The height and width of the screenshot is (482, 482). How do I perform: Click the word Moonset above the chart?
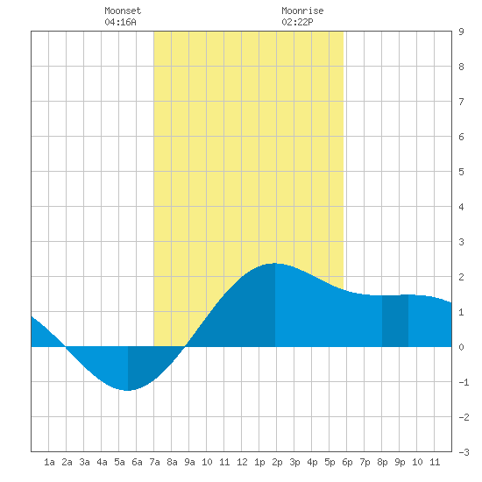pos(123,11)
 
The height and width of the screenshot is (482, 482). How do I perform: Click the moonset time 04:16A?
pos(120,22)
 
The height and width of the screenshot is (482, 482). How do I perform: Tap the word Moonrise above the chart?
pos(302,11)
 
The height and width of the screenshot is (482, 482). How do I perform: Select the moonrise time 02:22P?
pos(297,22)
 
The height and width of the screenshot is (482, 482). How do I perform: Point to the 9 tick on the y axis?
pos(461,32)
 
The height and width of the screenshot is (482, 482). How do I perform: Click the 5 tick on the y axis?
pos(461,172)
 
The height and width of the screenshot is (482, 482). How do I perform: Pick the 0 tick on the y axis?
pos(461,347)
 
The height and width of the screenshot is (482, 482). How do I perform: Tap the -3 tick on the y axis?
pos(464,452)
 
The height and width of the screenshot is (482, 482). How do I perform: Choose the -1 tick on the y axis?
pos(464,382)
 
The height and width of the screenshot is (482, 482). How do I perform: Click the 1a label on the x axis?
pos(49,462)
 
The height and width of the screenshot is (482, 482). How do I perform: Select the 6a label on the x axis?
pos(137,462)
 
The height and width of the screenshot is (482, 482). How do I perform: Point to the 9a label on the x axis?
pos(189,462)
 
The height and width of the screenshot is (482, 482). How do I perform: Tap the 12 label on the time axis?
pos(242,462)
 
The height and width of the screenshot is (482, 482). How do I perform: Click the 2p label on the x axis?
pos(277,462)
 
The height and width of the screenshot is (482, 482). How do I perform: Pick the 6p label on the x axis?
pos(347,462)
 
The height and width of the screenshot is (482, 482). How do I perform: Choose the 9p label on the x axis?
pos(400,462)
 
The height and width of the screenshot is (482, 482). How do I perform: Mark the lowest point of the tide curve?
pos(128,390)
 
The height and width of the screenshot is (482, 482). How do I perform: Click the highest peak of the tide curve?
pos(274,264)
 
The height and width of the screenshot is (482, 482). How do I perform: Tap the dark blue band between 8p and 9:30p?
pos(395,321)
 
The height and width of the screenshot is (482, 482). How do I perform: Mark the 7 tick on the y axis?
pos(461,102)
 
